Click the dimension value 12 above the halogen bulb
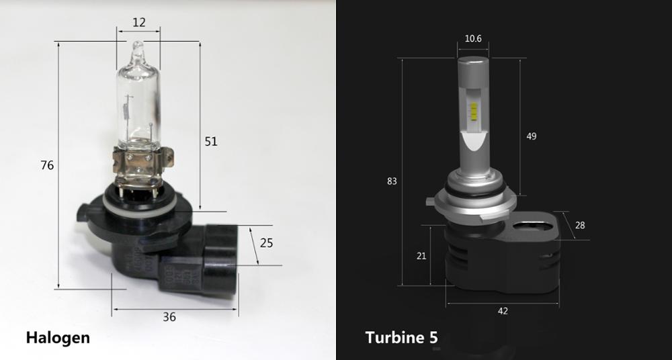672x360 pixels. click(x=139, y=22)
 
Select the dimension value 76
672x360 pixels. click(x=47, y=165)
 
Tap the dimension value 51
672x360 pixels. click(x=211, y=142)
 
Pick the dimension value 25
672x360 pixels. click(x=266, y=243)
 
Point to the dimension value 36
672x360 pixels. click(x=169, y=317)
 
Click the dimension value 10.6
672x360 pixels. click(x=473, y=38)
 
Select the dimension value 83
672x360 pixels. click(x=392, y=181)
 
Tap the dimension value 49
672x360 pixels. click(x=532, y=136)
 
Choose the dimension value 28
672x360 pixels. click(x=580, y=226)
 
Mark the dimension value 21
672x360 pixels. click(x=421, y=256)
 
